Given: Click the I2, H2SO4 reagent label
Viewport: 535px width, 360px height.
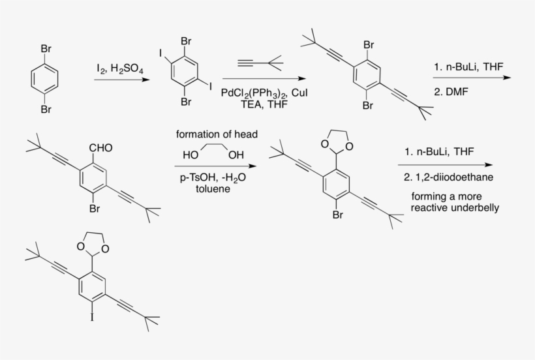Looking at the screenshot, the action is (120, 69).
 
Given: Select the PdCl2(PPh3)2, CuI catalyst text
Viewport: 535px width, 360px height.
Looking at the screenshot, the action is (264, 93).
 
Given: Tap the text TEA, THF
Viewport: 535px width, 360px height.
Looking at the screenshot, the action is (264, 104).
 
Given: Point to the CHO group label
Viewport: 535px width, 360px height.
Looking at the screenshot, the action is (100, 148).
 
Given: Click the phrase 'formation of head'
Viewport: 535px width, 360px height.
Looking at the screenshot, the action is (217, 134).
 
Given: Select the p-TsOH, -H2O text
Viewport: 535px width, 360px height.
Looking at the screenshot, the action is (213, 178).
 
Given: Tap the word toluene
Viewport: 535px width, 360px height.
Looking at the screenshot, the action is (213, 189).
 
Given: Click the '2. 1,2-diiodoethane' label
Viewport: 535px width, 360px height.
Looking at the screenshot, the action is (448, 177).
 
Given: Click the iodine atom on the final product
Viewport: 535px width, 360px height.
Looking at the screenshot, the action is (92, 318).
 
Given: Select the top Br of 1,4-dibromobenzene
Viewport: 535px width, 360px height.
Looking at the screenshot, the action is (46, 49).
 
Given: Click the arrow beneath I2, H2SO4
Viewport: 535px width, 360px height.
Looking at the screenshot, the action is (122, 80).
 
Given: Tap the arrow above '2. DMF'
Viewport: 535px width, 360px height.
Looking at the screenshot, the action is (472, 78).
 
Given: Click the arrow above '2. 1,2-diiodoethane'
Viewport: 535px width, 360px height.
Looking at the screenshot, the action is (445, 165).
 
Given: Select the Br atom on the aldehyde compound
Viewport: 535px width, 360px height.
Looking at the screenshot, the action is (95, 208).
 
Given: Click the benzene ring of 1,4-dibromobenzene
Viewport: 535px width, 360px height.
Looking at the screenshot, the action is (45, 79).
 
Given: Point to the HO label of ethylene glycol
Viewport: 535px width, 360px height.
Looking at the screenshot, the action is (191, 155).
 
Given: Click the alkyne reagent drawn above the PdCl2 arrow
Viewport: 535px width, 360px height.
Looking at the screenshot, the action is (260, 63).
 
